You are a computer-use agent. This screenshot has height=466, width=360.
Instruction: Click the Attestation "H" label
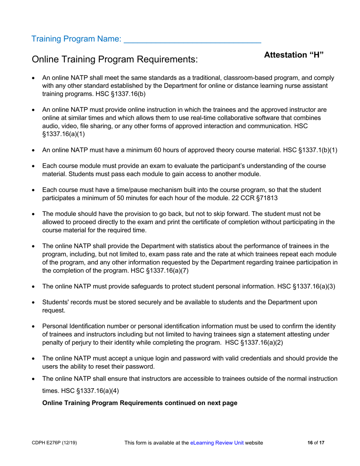[x=294, y=55]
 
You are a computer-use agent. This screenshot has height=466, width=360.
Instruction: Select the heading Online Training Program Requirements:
[x=115, y=59]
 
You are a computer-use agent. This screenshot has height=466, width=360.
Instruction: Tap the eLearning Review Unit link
[x=217, y=443]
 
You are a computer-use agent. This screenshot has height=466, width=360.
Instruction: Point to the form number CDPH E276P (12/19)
[x=55, y=443]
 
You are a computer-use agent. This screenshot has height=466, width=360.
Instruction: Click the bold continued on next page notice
[x=140, y=403]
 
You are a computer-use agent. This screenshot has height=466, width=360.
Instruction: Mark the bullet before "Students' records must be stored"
[x=34, y=303]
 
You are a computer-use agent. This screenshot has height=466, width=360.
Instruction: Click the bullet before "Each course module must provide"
[x=34, y=166]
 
